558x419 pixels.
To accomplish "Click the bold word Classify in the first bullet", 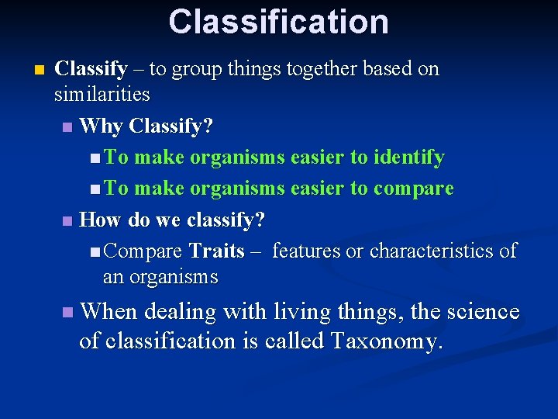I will (x=91, y=69).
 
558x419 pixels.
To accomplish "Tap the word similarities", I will (x=102, y=95).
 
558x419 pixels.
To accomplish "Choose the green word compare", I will (x=413, y=189).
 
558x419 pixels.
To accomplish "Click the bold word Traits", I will (x=216, y=251).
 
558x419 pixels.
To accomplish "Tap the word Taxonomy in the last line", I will (x=386, y=341).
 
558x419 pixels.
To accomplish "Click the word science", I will (x=480, y=312).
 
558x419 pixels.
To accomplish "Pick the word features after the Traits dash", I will (x=306, y=251).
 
